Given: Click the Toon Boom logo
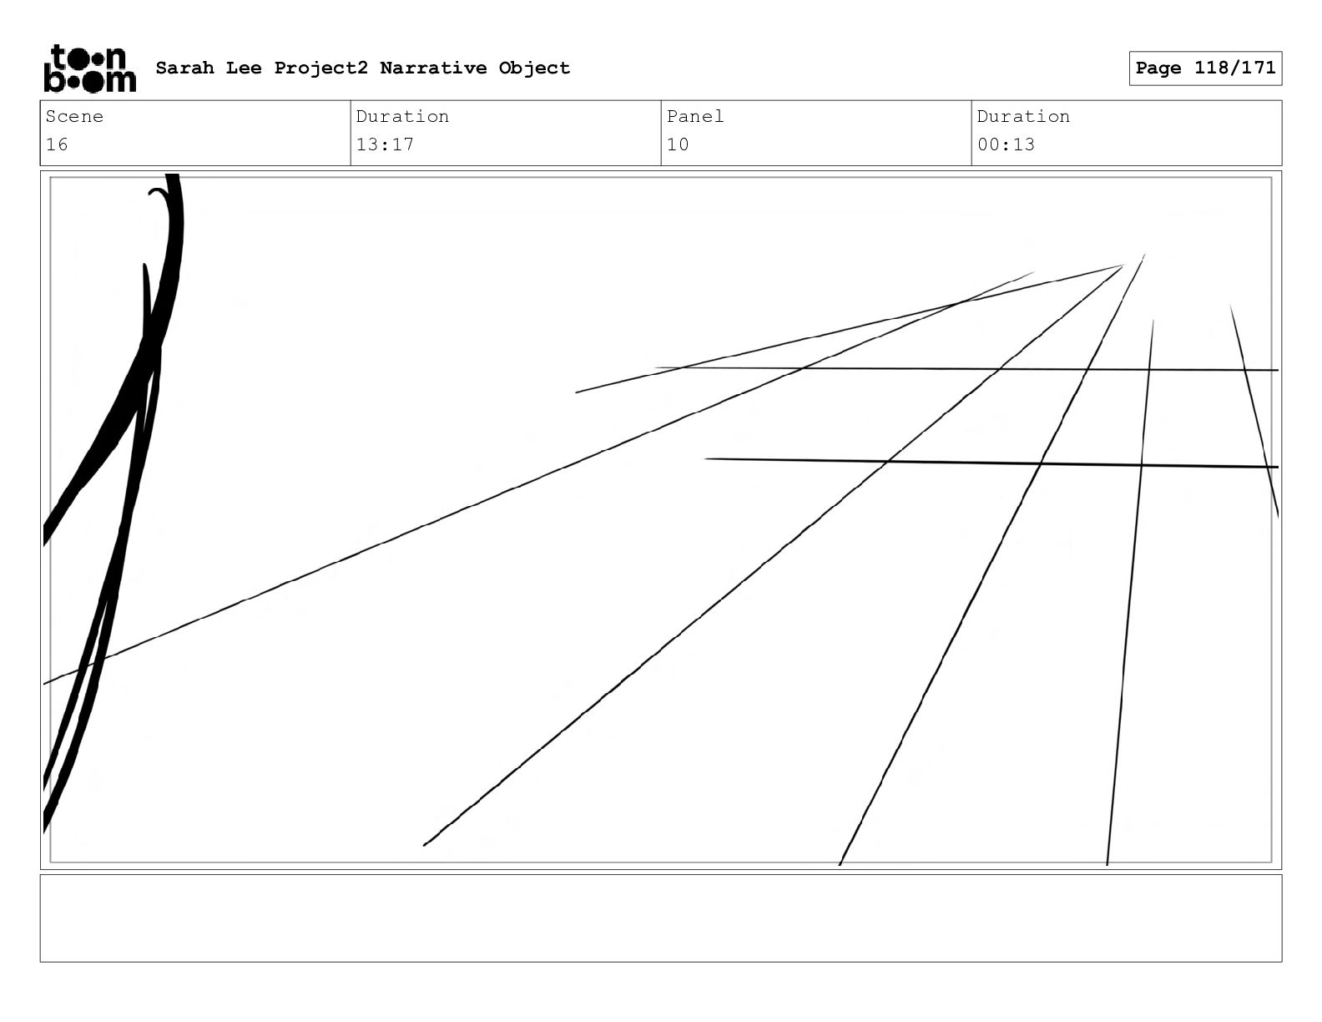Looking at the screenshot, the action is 88,68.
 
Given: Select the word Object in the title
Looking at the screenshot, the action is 534,68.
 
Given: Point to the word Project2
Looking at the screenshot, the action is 320,68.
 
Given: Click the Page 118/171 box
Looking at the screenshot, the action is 1205,68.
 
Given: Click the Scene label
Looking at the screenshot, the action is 74,117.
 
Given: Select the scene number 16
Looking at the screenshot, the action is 57,144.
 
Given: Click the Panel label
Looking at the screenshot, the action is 694,117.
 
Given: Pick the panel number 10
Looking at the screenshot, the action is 678,144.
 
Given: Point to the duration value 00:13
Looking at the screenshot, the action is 1006,144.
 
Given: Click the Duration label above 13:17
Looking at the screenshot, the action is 402,117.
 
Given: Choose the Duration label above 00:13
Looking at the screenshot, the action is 1023,117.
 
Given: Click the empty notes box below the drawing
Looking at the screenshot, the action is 660,918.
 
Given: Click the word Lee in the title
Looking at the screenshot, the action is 243,68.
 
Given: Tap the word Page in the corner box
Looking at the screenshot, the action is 1158,68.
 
